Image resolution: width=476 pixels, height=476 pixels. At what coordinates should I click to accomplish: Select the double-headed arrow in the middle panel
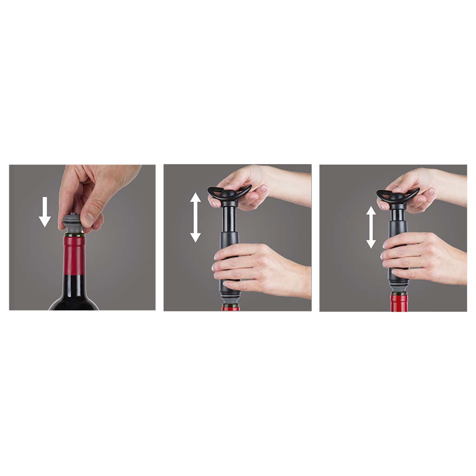point(195,217)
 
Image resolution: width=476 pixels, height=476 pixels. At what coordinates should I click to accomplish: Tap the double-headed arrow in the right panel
point(370,227)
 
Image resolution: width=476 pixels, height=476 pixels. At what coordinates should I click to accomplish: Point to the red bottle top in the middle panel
point(231,308)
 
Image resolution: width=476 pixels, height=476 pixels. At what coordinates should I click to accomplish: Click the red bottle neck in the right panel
point(399,303)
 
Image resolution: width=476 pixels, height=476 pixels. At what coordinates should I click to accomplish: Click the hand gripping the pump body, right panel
point(423,258)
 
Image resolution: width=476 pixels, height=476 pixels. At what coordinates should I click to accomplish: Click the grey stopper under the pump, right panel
point(398,292)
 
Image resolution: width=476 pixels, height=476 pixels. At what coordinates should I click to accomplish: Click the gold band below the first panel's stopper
point(73,235)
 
